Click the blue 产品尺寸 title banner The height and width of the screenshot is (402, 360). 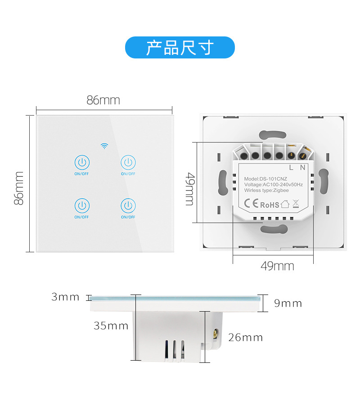180,47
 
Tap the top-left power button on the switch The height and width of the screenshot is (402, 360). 82,162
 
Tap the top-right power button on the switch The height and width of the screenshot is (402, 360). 128,162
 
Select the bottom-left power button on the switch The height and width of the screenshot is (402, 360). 82,205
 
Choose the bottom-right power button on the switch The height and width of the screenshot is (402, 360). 128,205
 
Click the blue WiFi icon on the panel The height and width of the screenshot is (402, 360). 104,146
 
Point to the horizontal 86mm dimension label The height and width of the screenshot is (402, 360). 103,100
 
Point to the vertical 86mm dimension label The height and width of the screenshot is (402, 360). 19,188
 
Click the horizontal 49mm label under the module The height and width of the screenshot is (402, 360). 277,266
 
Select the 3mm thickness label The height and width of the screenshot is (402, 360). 65,297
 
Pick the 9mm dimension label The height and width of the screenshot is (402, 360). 288,303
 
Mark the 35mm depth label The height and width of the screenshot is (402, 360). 111,326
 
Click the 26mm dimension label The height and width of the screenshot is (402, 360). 245,337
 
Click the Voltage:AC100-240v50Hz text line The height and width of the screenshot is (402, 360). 273,185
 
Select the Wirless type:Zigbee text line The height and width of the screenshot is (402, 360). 266,191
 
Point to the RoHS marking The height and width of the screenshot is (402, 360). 270,205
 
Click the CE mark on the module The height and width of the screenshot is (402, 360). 251,204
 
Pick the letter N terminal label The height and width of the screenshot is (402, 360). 303,168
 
